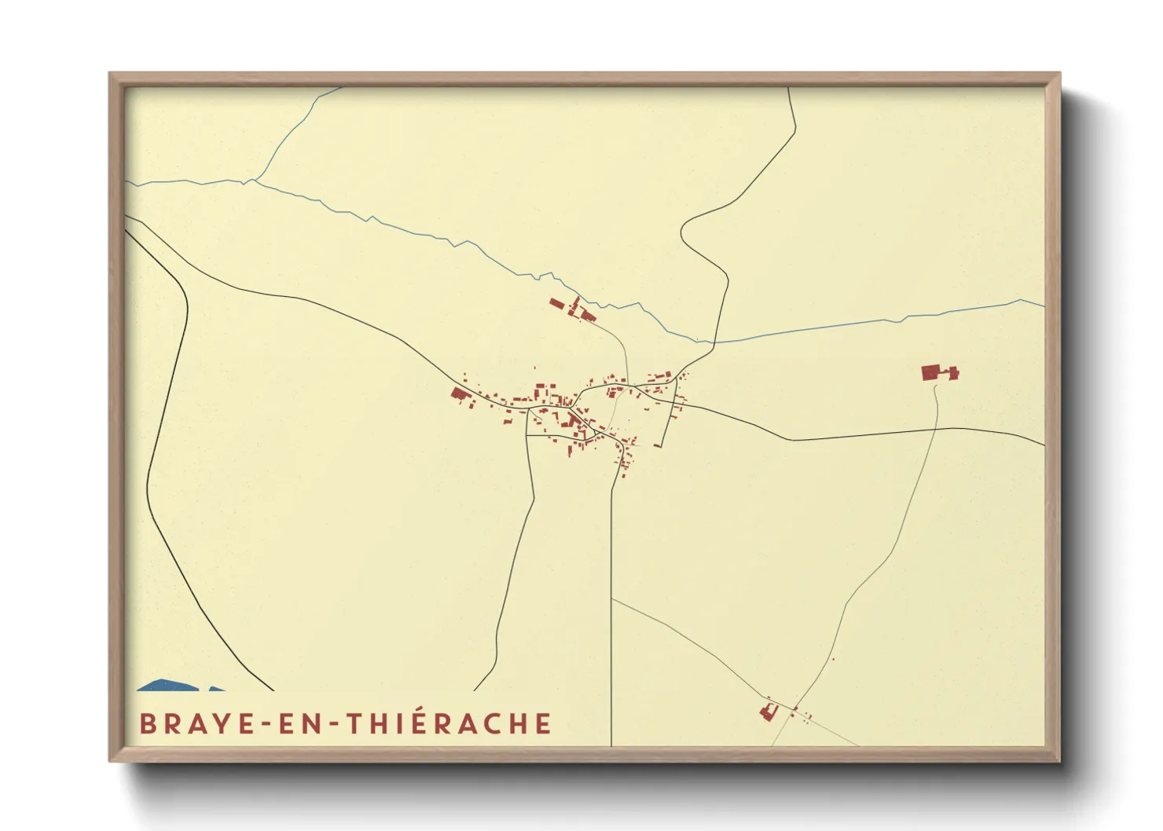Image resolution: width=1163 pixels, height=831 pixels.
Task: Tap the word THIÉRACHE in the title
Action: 450,723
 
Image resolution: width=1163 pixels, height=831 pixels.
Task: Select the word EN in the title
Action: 295,723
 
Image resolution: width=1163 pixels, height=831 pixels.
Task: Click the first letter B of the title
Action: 146,723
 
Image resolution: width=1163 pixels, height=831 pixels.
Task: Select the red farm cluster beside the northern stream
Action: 573,309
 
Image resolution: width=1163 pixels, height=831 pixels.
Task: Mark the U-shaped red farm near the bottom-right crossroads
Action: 769,712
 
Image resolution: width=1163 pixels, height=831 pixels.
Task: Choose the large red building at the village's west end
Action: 460,394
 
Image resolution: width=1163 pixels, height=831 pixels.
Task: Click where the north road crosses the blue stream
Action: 714,342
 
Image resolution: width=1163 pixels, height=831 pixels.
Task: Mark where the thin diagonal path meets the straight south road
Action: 611,599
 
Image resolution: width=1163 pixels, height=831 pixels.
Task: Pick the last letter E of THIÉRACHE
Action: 543,723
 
